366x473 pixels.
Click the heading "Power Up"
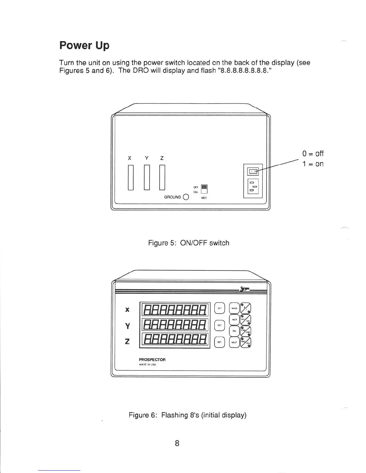pyautogui.click(x=84, y=45)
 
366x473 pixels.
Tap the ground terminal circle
pyautogui.click(x=186, y=197)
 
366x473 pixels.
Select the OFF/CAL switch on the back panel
pyautogui.click(x=204, y=189)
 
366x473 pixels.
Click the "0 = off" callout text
pyautogui.click(x=313, y=153)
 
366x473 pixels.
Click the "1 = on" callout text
pyautogui.click(x=313, y=164)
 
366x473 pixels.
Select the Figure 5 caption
pyautogui.click(x=189, y=243)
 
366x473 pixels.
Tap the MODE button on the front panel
pyautogui.click(x=234, y=308)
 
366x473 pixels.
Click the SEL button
pyautogui.click(x=234, y=331)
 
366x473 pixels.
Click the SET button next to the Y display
pyautogui.click(x=219, y=325)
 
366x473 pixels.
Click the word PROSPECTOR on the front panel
pyautogui.click(x=152, y=360)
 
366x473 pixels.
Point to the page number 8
pyautogui.click(x=177, y=443)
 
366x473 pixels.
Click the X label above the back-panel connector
pyautogui.click(x=129, y=158)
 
